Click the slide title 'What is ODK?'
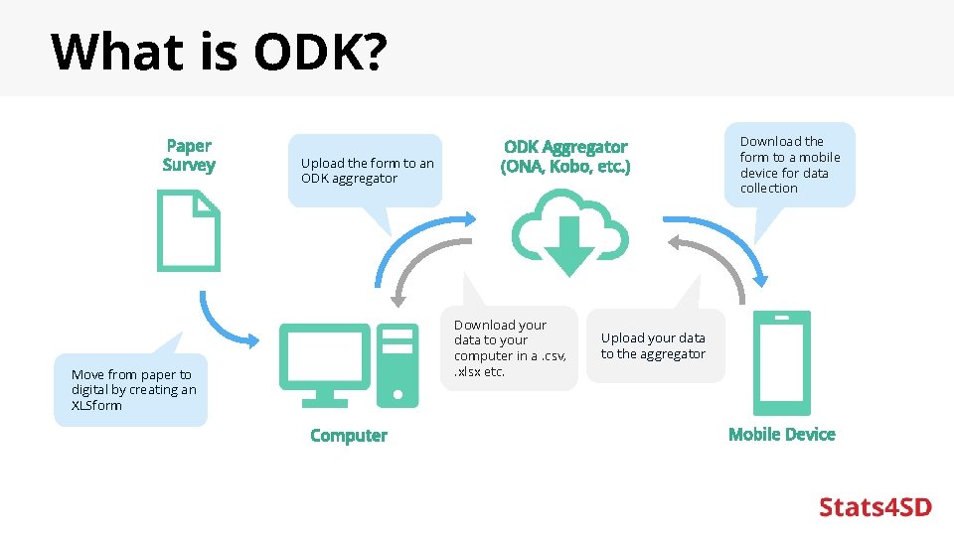pos(218,52)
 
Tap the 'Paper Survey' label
pos(189,155)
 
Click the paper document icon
pos(188,231)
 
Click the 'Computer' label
pos(349,436)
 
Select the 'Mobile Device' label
pos(782,435)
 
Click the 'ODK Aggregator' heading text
pos(565,147)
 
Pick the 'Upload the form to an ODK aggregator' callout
pos(366,171)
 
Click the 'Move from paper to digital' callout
pos(131,390)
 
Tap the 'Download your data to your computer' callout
pos(508,347)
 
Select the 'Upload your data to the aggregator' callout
pos(654,346)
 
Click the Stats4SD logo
pos(874,507)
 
